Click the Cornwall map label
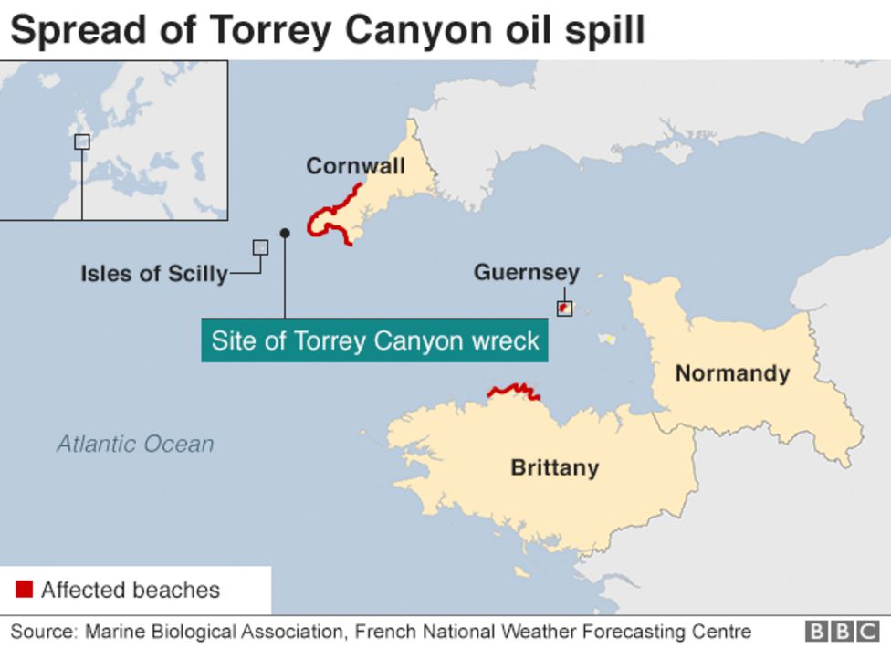[x=355, y=166]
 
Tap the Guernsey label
[x=526, y=272]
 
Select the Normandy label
[x=732, y=372]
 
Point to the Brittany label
[x=554, y=467]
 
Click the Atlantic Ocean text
[x=135, y=445]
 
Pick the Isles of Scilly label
[x=153, y=273]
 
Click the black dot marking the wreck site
[x=285, y=234]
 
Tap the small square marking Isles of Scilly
[x=260, y=246]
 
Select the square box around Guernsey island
[x=564, y=309]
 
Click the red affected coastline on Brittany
[x=513, y=391]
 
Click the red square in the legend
[x=25, y=589]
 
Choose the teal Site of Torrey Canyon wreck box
[x=374, y=341]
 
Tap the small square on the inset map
[x=82, y=141]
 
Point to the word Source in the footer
[x=42, y=632]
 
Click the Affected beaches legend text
[x=131, y=590]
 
